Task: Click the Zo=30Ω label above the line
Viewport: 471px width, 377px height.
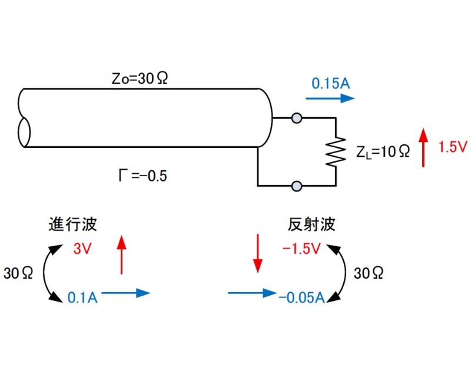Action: (x=140, y=78)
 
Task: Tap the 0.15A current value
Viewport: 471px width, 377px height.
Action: (x=331, y=83)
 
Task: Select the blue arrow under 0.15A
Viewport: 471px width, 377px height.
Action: (x=330, y=98)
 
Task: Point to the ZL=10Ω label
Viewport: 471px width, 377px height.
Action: (x=383, y=151)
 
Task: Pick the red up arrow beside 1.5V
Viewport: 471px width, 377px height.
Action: (x=423, y=147)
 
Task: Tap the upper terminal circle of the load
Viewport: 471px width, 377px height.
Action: (x=297, y=118)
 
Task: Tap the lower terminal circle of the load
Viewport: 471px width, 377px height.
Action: (x=297, y=186)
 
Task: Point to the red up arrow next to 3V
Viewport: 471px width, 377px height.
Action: (x=121, y=254)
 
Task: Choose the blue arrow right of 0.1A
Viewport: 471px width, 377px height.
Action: (x=125, y=293)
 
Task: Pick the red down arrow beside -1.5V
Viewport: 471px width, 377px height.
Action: (x=257, y=253)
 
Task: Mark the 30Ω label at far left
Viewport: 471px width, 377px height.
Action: (x=19, y=273)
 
